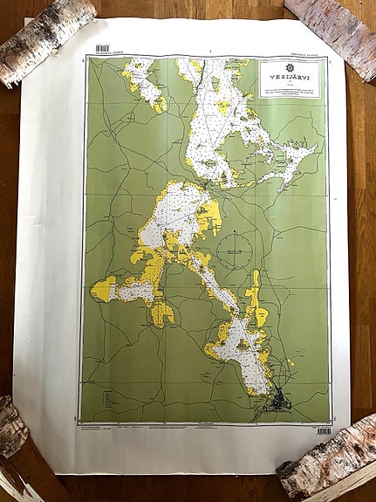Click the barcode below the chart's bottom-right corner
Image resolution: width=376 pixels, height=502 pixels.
pos(324,431)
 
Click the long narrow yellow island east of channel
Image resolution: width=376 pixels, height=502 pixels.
pos(254,297)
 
